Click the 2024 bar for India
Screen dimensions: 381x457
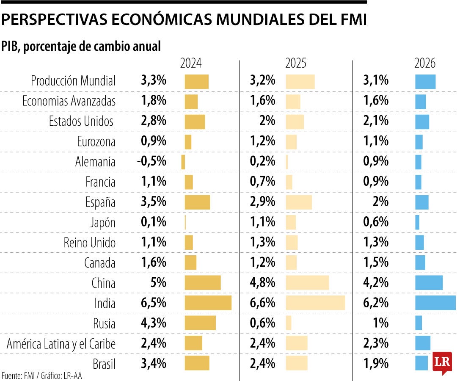pos(208,303)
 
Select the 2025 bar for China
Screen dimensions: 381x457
pos(307,282)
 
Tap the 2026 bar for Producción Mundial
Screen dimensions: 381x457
pos(425,81)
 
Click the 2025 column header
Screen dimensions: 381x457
pos(296,63)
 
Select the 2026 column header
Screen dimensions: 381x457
pos(425,63)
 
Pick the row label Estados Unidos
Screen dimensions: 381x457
pos(82,121)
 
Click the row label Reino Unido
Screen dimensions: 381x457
pos(89,243)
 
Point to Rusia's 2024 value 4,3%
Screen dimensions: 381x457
pos(153,323)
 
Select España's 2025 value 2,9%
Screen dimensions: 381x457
pos(262,202)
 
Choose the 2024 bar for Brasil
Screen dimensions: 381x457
pos(197,363)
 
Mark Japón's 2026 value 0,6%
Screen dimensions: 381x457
pos(376,222)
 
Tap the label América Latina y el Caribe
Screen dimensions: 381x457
pos(61,344)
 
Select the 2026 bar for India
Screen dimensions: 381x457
pos(435,303)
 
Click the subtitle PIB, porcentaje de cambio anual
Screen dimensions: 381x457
pos(81,46)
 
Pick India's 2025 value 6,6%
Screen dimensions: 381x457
pos(262,303)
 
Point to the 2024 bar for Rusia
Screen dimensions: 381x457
pos(200,323)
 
